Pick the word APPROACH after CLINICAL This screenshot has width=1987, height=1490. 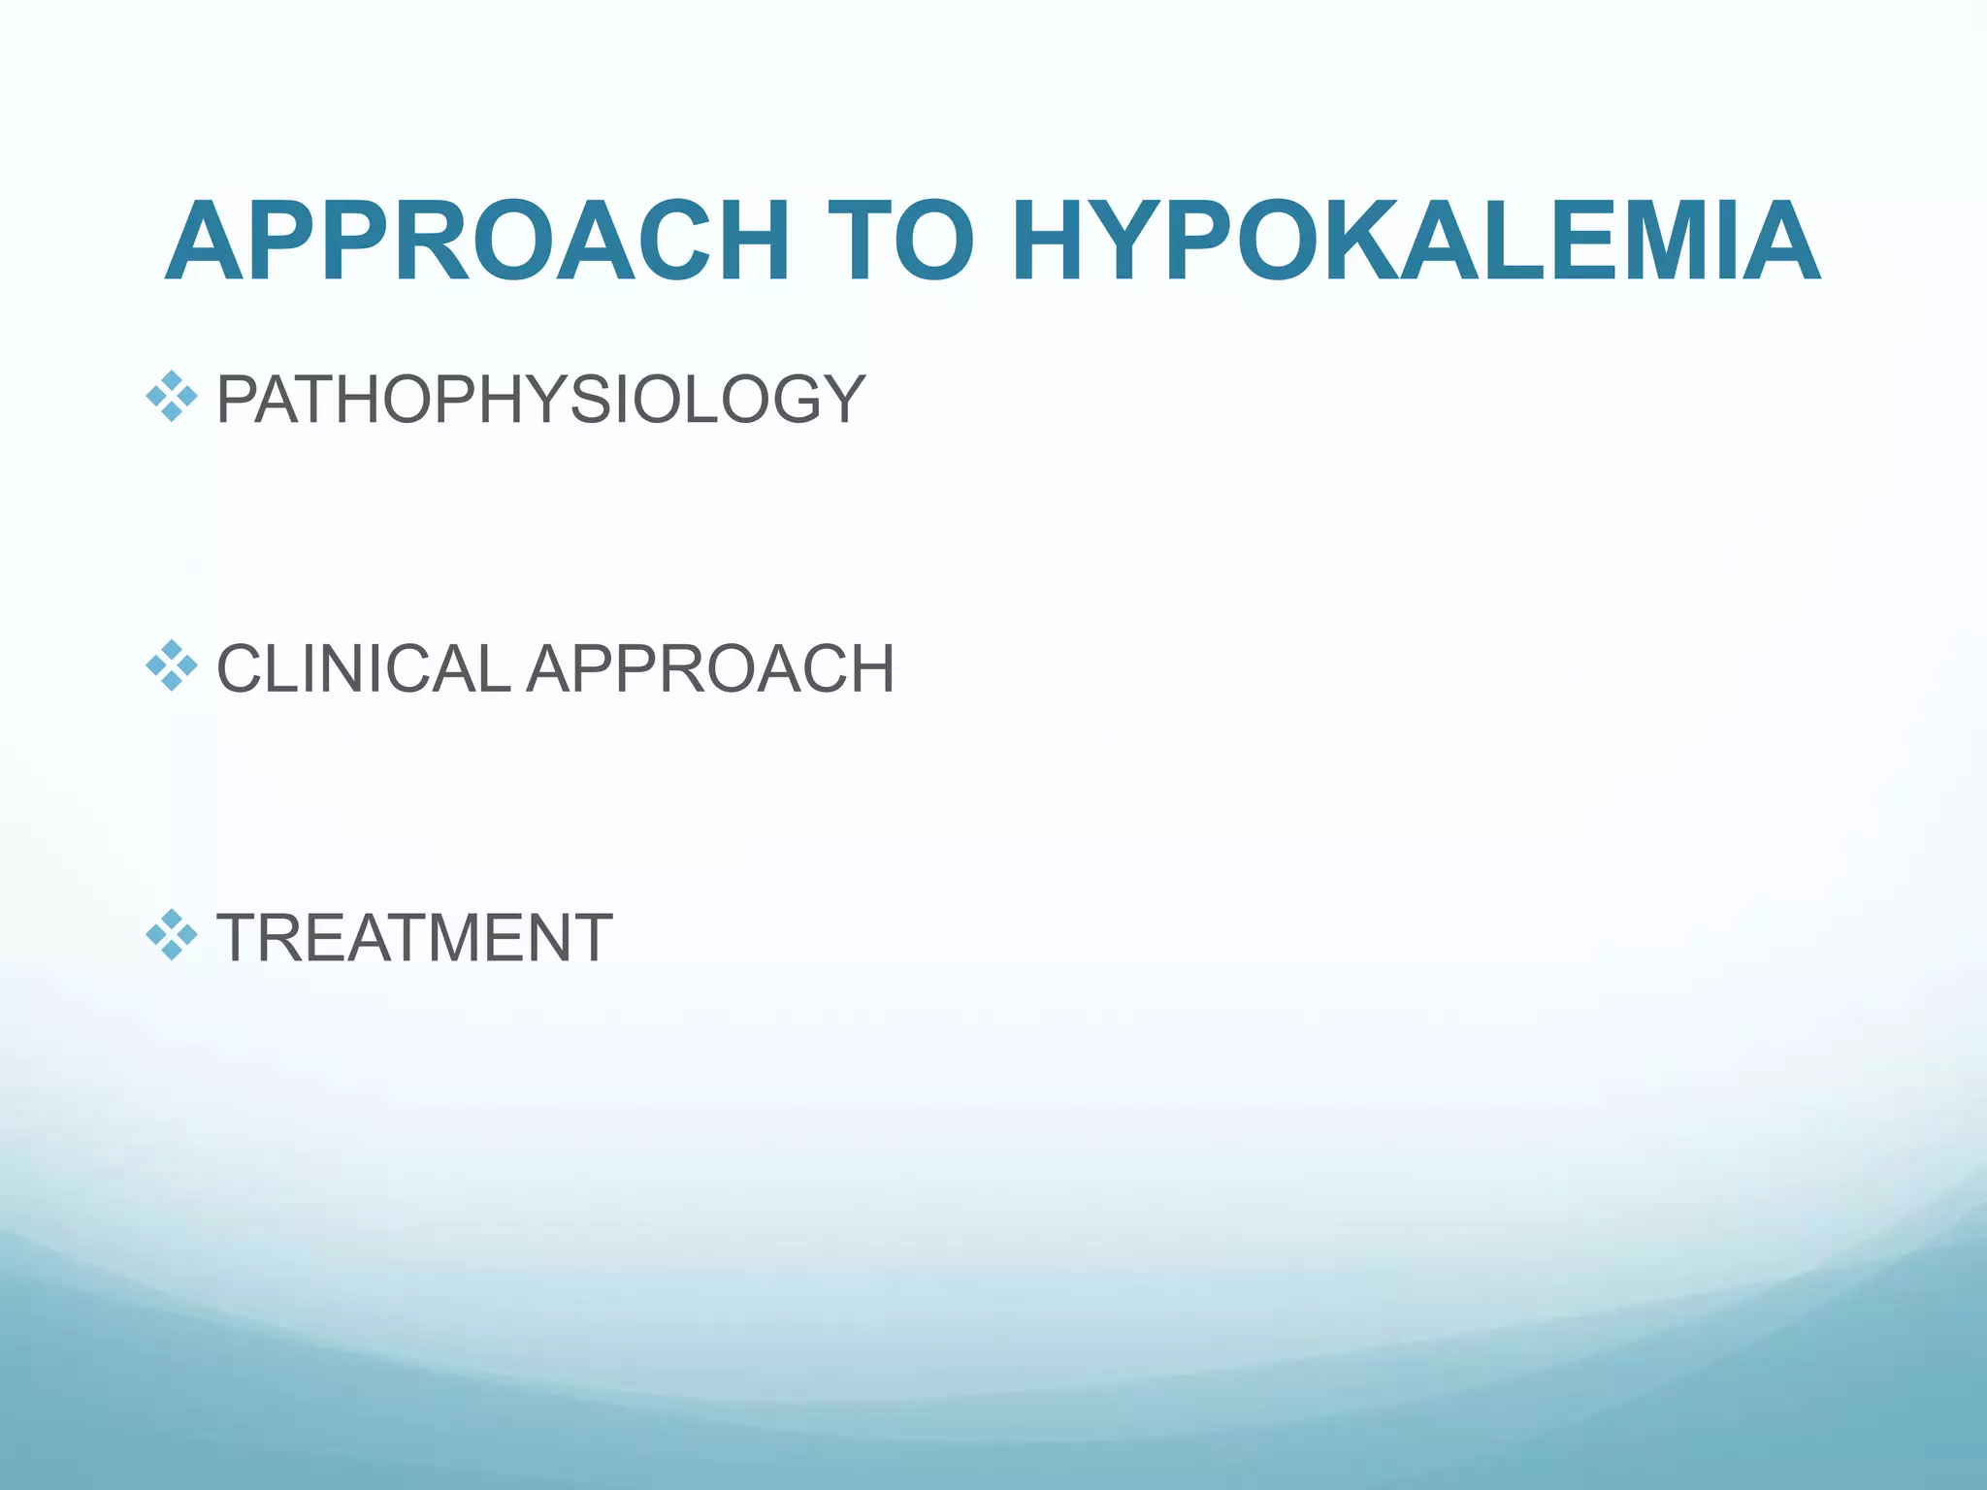click(710, 668)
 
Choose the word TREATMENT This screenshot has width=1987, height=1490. click(414, 938)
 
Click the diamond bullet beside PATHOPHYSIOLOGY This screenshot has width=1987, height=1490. click(172, 396)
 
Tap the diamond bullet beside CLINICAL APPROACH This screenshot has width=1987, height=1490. click(172, 665)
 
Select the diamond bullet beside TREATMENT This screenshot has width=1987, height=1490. click(172, 935)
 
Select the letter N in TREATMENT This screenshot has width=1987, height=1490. click(538, 938)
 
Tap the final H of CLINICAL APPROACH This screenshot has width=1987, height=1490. click(866, 668)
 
